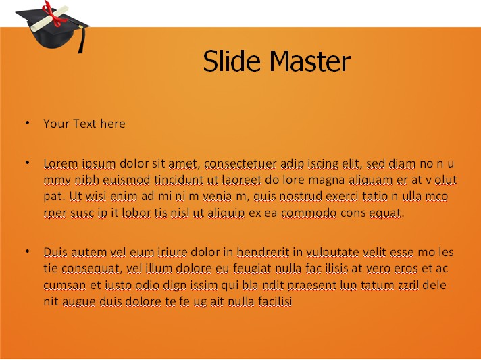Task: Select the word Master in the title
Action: [310, 61]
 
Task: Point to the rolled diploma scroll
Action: [49, 18]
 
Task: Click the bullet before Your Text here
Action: [28, 123]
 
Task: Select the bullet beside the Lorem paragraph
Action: [28, 163]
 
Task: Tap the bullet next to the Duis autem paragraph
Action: [28, 251]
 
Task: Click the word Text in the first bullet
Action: [84, 124]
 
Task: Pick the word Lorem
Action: [61, 163]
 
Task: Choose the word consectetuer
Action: [240, 163]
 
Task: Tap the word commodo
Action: [309, 213]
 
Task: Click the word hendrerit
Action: [263, 252]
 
